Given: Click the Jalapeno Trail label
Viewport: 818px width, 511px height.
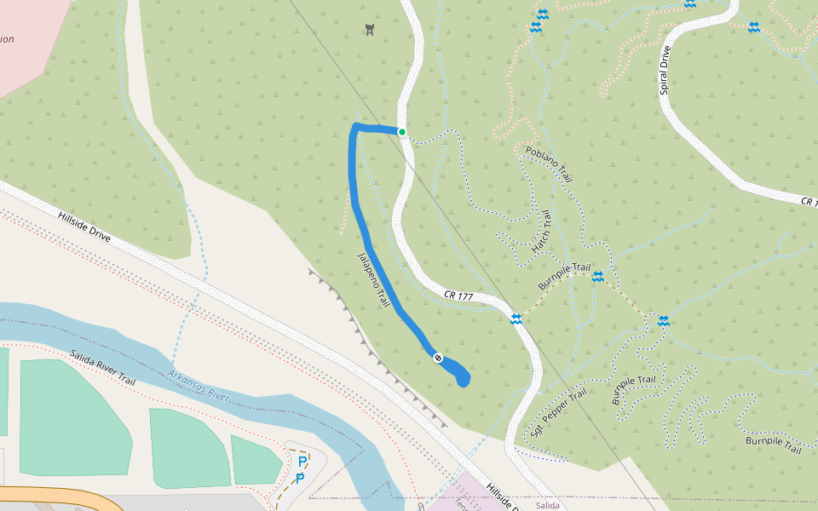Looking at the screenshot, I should click(x=373, y=279).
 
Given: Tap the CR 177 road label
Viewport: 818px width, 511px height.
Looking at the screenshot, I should click(x=458, y=295).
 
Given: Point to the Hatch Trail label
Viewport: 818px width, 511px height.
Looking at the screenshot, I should click(x=542, y=231).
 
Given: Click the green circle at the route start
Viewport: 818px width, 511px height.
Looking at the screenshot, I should click(x=402, y=132).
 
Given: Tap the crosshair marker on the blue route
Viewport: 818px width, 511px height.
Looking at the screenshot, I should click(x=437, y=359).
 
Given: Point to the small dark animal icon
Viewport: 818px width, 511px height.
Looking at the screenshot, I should click(x=369, y=30).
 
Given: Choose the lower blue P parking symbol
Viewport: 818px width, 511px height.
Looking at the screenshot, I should click(x=300, y=479).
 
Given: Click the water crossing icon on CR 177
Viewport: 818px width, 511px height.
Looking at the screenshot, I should click(x=516, y=319).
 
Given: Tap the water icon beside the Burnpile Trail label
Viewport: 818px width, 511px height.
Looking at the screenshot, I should click(x=598, y=276).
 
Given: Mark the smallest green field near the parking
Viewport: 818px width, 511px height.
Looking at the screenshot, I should click(x=255, y=460).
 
